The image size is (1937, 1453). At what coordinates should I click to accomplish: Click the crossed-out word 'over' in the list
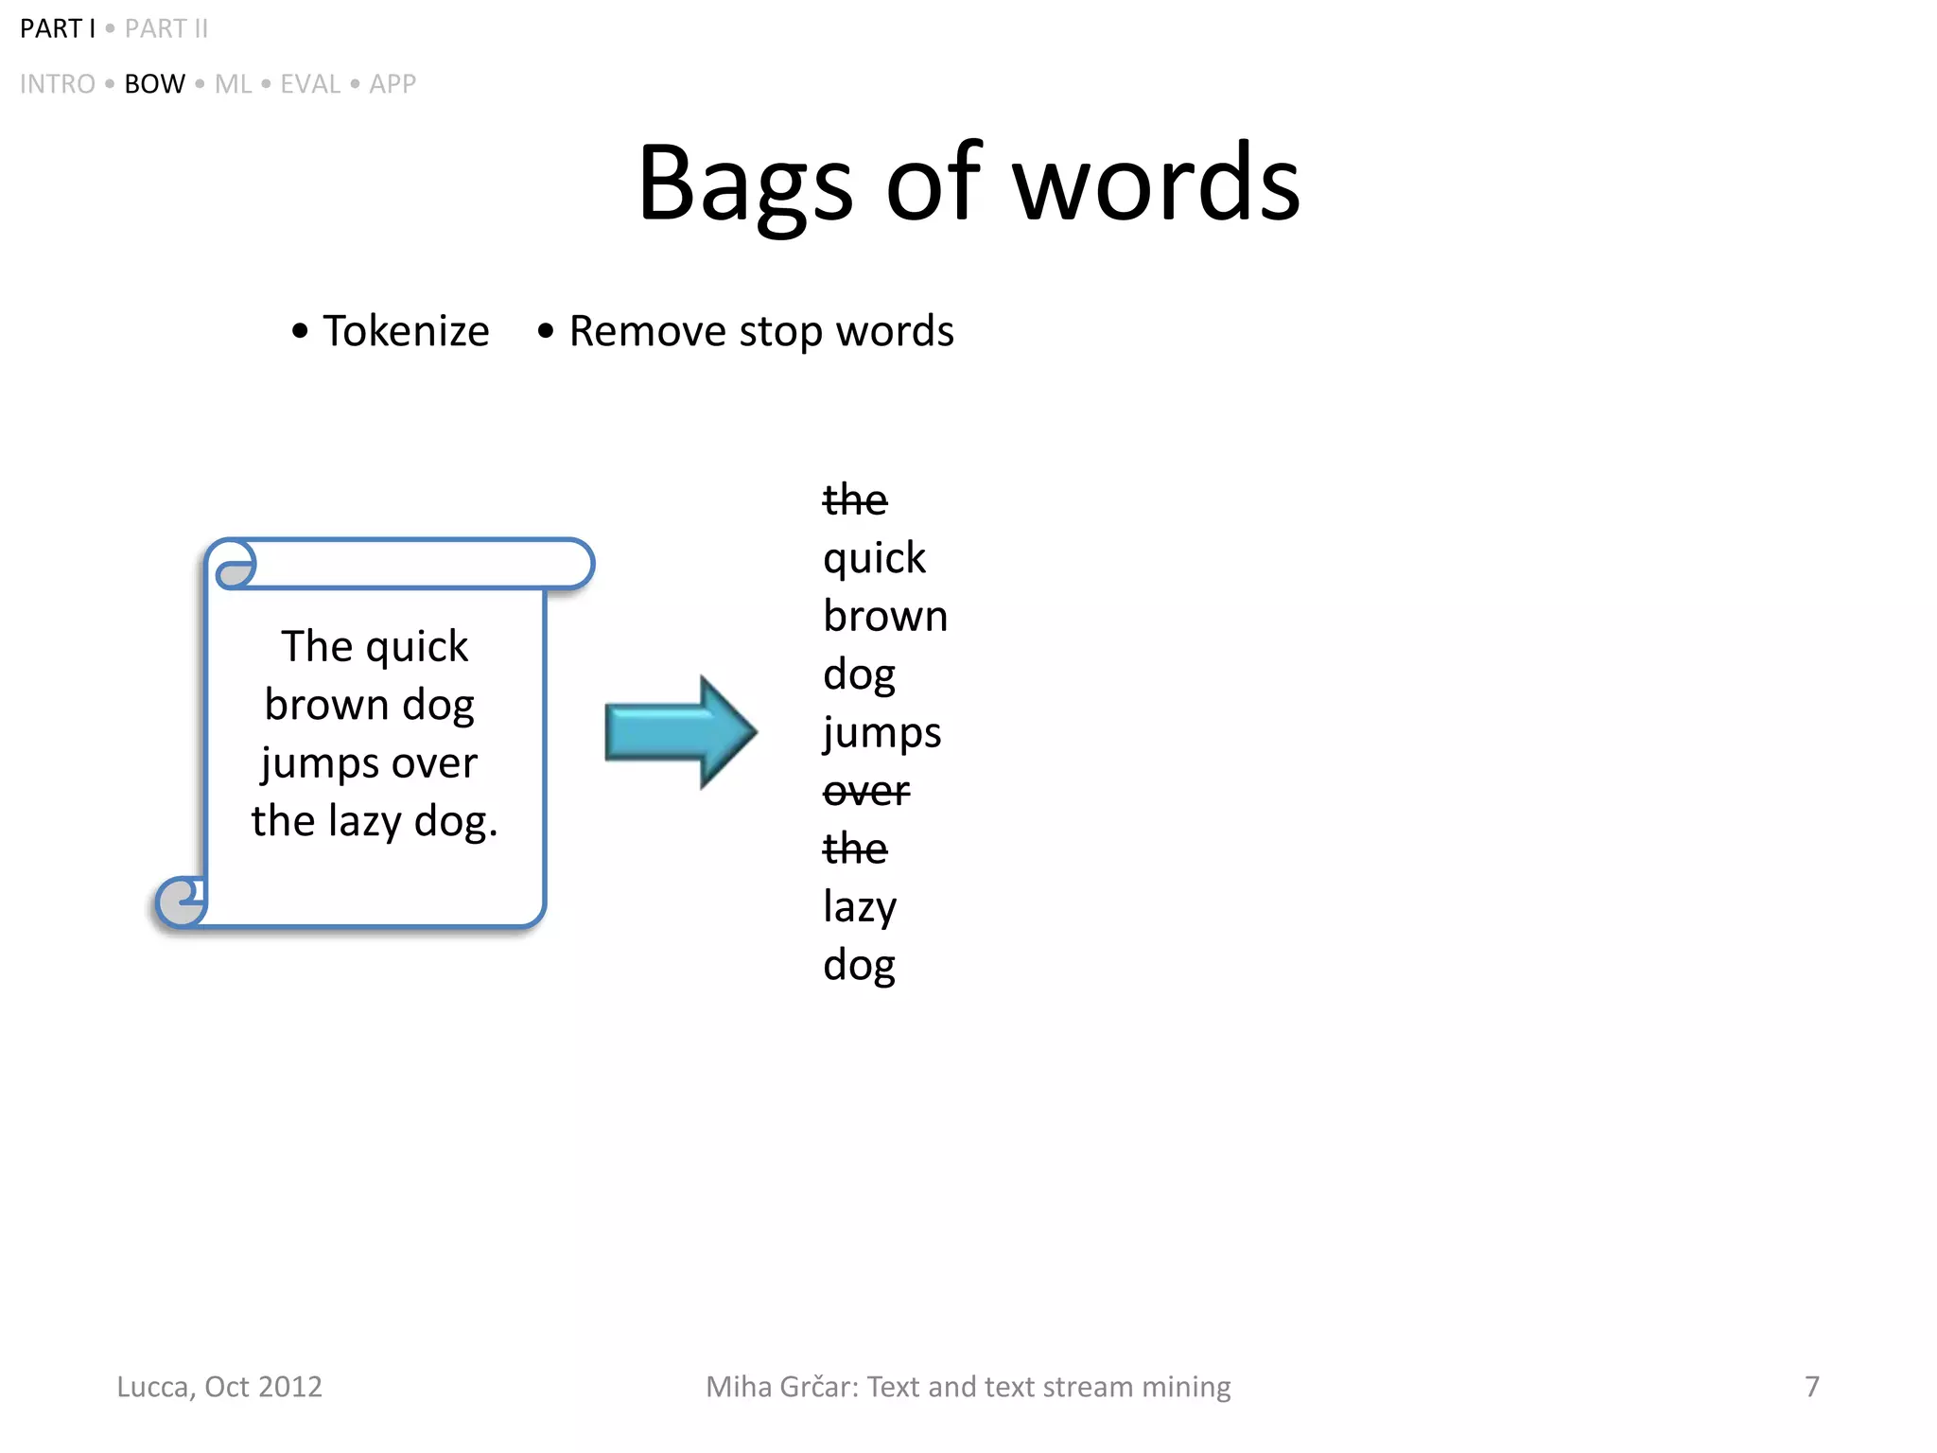pyautogui.click(x=866, y=791)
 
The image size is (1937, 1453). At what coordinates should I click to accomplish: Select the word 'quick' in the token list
pyautogui.click(x=874, y=558)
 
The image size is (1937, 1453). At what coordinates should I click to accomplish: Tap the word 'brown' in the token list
pyautogui.click(x=885, y=617)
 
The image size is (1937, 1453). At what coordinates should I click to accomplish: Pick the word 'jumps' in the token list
pyautogui.click(x=881, y=733)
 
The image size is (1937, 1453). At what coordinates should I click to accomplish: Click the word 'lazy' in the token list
pyautogui.click(x=860, y=907)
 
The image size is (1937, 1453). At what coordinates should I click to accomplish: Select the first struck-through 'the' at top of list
pyautogui.click(x=855, y=499)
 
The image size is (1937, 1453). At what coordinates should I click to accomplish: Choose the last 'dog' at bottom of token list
pyautogui.click(x=859, y=966)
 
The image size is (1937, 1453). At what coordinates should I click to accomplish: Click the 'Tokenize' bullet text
pyautogui.click(x=406, y=331)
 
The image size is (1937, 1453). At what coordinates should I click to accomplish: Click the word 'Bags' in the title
pyautogui.click(x=745, y=184)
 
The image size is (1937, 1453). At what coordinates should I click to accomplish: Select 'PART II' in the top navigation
pyautogui.click(x=166, y=29)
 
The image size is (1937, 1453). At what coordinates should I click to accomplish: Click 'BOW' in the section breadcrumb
pyautogui.click(x=154, y=84)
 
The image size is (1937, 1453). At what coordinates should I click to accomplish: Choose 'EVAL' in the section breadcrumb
pyautogui.click(x=310, y=84)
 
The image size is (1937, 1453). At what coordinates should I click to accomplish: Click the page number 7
pyautogui.click(x=1811, y=1387)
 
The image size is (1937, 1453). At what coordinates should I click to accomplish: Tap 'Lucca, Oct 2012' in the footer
pyautogui.click(x=219, y=1387)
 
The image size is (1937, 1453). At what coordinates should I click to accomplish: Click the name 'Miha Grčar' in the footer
pyautogui.click(x=781, y=1387)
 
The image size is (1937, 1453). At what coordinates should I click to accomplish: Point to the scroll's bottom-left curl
pyautogui.click(x=181, y=902)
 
